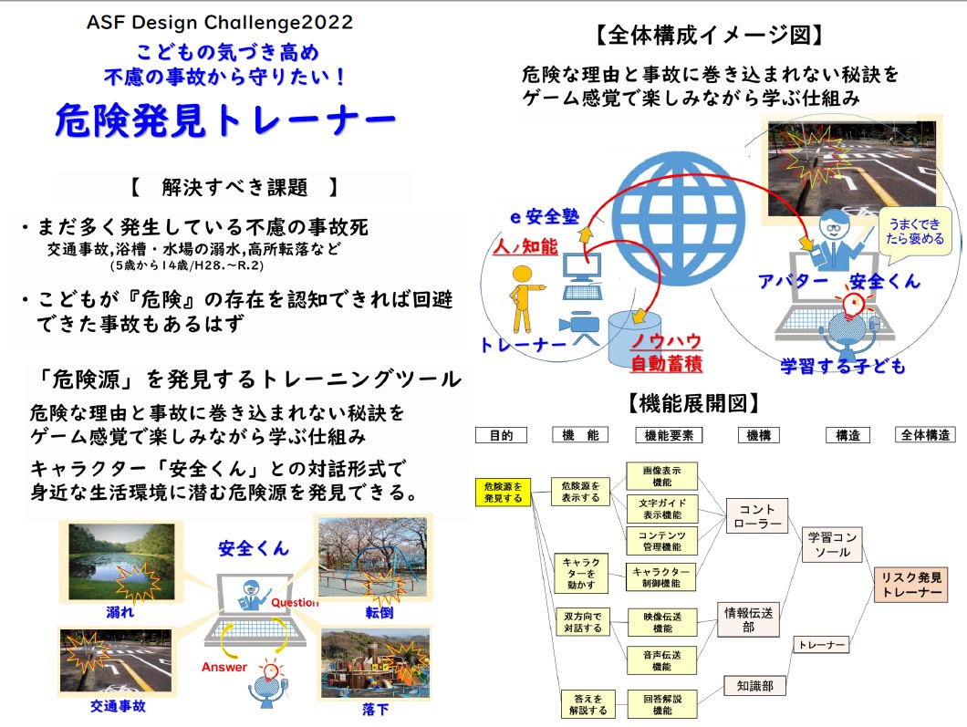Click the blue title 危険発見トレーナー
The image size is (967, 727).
click(225, 120)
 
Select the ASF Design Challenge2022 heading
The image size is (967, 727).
click(220, 22)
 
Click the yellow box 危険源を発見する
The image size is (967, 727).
click(503, 492)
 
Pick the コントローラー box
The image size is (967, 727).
click(756, 516)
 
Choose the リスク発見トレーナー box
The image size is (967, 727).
click(910, 585)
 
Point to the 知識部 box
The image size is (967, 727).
click(754, 686)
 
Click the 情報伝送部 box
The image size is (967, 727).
click(748, 619)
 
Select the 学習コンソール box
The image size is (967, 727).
click(833, 545)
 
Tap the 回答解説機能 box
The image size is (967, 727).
click(661, 704)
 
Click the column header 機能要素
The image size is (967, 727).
click(669, 435)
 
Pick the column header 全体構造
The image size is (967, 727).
click(925, 435)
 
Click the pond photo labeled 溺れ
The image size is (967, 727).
click(122, 562)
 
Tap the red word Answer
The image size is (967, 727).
click(224, 667)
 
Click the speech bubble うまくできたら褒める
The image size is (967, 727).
click(915, 232)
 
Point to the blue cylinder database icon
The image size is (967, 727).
click(635, 339)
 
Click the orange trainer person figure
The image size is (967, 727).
click(523, 299)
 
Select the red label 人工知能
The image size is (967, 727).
click(525, 246)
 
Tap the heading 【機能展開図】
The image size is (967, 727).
click(693, 404)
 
